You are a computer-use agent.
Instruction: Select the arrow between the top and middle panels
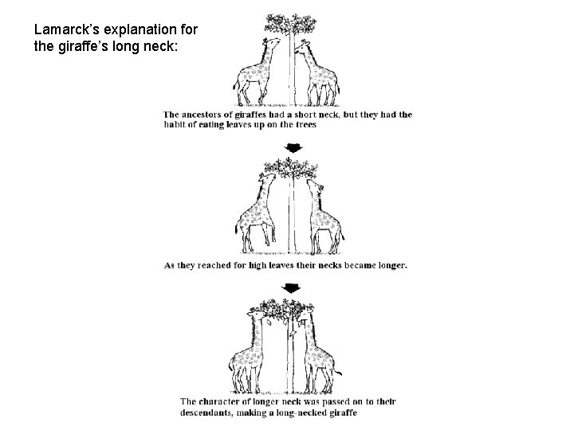(292, 148)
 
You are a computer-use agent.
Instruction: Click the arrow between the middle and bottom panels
(293, 287)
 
